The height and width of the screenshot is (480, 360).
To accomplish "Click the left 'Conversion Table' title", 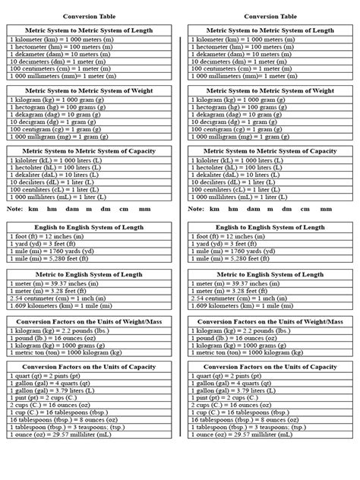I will pyautogui.click(x=84, y=15).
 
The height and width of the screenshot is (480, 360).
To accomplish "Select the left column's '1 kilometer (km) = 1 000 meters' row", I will pyautogui.click(x=61, y=39).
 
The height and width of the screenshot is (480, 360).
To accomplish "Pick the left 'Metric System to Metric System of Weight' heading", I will pyautogui.click(x=89, y=90).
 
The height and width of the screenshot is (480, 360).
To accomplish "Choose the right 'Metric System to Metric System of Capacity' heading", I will pyautogui.click(x=270, y=151).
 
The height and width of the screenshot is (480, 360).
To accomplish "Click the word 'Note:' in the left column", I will pyautogui.click(x=14, y=208).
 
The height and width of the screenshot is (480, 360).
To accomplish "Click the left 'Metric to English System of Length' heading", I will pyautogui.click(x=89, y=274).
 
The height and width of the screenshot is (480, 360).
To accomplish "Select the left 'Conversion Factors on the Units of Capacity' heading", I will pyautogui.click(x=89, y=367).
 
